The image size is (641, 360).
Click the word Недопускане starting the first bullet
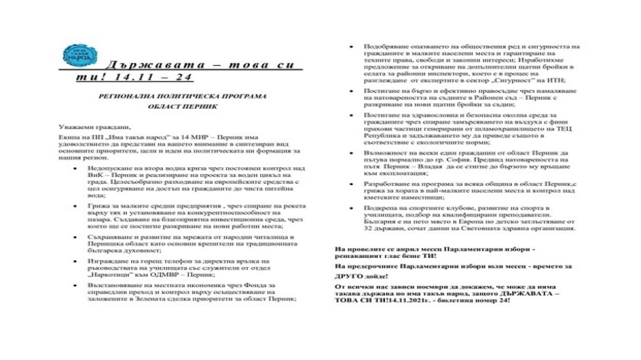(x=106, y=169)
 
